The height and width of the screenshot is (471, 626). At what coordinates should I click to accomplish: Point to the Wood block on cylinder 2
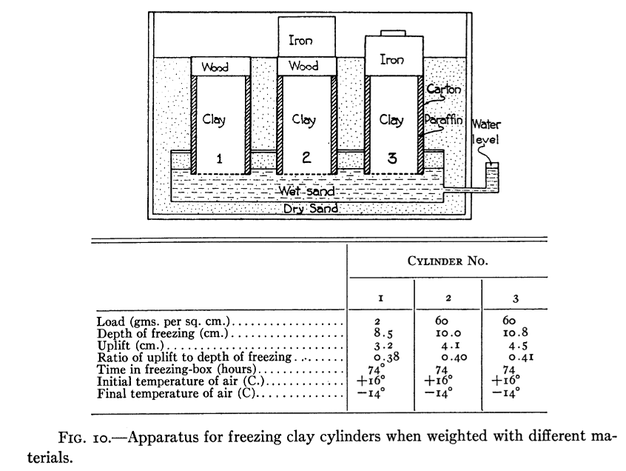click(303, 67)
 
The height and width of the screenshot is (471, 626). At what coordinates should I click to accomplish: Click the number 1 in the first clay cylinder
click(219, 158)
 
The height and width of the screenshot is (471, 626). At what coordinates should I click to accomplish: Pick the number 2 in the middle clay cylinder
click(306, 157)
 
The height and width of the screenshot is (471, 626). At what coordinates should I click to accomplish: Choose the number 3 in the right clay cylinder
click(392, 157)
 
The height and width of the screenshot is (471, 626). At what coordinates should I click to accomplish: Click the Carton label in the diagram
click(443, 90)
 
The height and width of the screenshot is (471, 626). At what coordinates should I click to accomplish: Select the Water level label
click(486, 131)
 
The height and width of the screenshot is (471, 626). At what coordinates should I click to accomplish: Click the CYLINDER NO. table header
click(448, 261)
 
